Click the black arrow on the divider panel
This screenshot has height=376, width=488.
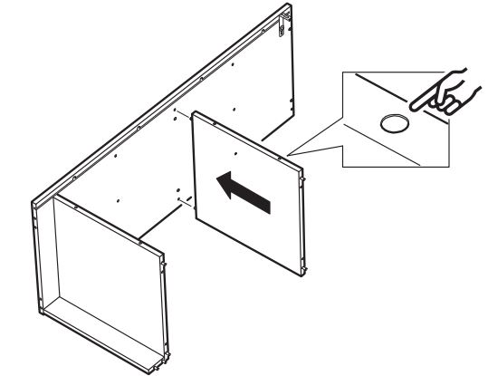click(x=242, y=191)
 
